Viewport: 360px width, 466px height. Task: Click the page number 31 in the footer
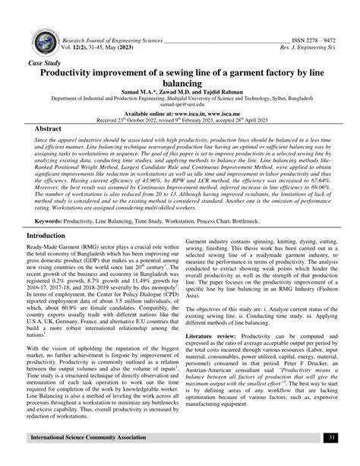coord(332,458)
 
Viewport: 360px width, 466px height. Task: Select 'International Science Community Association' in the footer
coord(96,458)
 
